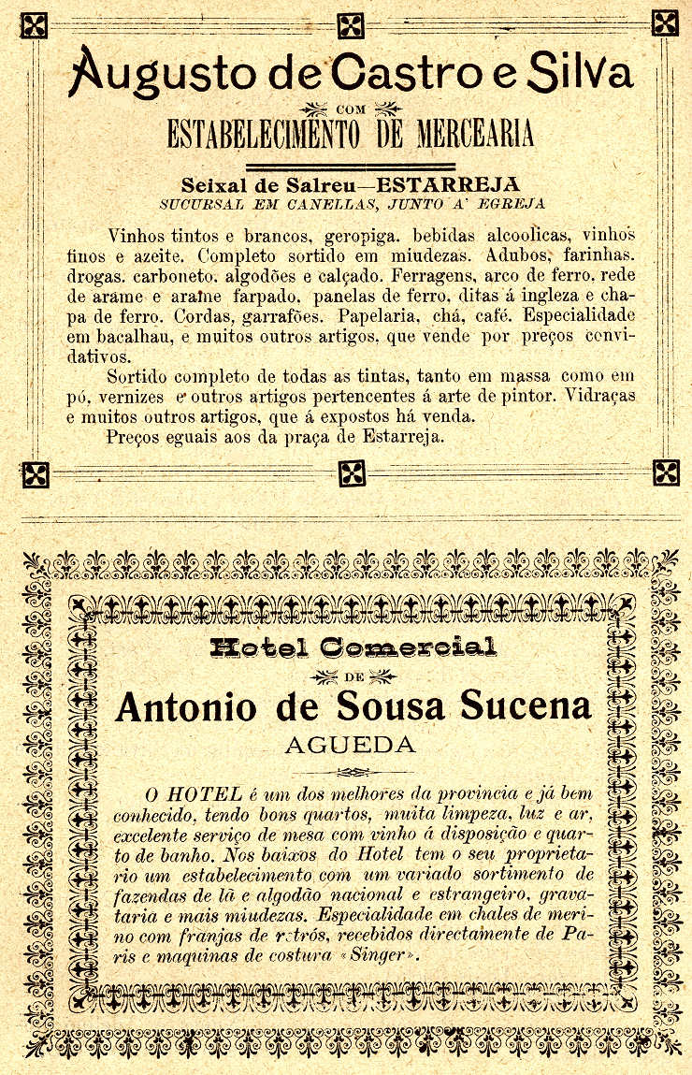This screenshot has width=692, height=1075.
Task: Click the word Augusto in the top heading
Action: click(147, 71)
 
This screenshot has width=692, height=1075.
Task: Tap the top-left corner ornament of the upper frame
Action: click(35, 24)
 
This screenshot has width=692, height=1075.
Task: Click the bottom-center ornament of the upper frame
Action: click(352, 473)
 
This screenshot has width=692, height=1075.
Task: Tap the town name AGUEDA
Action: click(350, 746)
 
